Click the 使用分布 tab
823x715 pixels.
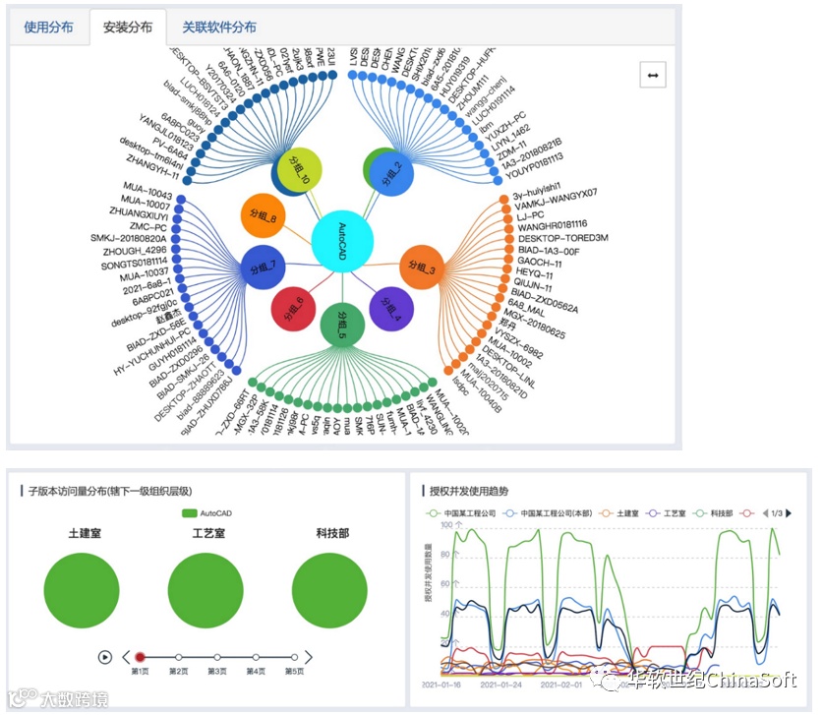pos(48,28)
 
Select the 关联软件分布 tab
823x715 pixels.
pos(219,28)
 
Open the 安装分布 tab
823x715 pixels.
pos(128,28)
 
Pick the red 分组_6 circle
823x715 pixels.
pos(294,307)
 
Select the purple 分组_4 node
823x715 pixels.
pos(391,308)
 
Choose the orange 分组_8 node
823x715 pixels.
pos(263,216)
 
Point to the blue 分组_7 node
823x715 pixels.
pos(265,268)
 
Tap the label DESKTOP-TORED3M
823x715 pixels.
pos(562,238)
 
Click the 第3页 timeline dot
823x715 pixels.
pos(217,657)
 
